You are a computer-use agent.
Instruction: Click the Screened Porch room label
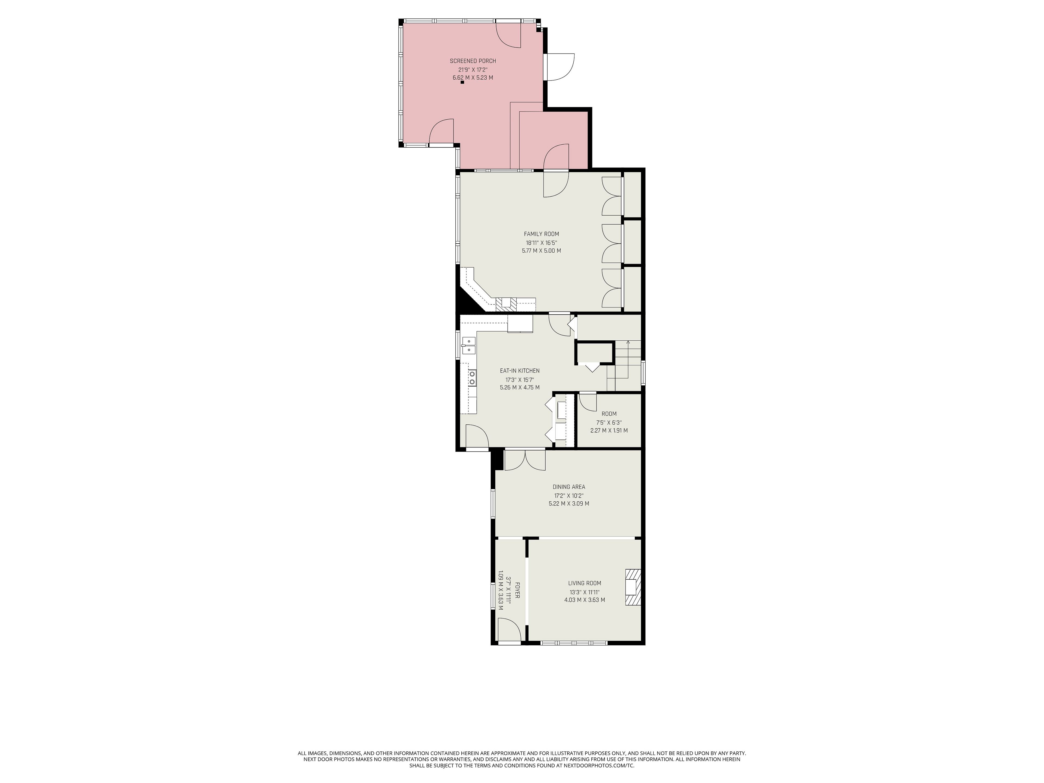click(473, 61)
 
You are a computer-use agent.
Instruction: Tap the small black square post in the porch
click(462, 83)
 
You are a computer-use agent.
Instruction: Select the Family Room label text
click(541, 234)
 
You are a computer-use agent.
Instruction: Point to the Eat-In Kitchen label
click(520, 371)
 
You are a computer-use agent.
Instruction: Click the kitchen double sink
click(139, 346)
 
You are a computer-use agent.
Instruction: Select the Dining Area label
click(569, 487)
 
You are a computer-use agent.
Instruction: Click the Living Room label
click(585, 583)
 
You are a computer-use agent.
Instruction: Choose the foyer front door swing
click(510, 630)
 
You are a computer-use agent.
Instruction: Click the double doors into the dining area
click(525, 461)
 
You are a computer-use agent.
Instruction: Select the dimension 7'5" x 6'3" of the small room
click(609, 422)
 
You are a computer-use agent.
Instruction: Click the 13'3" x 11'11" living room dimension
click(584, 592)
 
